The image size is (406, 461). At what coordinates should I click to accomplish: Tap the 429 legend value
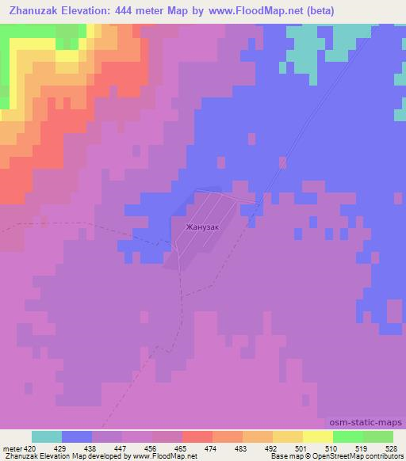(63, 448)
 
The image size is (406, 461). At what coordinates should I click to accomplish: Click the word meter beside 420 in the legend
(13, 448)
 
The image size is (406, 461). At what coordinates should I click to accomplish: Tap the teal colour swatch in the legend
(47, 436)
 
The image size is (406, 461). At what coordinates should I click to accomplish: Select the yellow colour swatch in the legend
(317, 436)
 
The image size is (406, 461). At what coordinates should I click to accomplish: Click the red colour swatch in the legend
(197, 436)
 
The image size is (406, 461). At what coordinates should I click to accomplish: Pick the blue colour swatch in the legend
(77, 436)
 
